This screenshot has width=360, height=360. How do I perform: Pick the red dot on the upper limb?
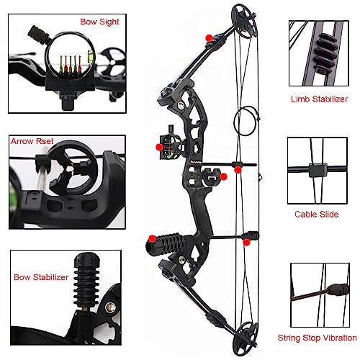[x=209, y=37]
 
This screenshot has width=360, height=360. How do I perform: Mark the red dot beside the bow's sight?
[x=159, y=147]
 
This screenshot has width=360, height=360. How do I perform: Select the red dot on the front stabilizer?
[x=152, y=238]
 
